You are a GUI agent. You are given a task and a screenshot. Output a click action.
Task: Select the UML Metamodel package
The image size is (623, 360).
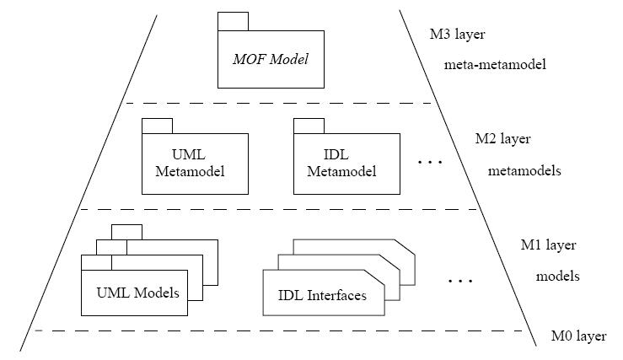tap(194, 164)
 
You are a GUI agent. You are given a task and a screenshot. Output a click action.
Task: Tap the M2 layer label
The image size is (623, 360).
tap(503, 139)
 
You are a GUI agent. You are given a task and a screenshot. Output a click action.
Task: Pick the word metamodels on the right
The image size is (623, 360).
tap(524, 170)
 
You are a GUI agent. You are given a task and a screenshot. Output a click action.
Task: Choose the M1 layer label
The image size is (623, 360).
tap(548, 245)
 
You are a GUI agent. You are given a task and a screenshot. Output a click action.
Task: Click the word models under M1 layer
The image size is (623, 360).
tap(556, 276)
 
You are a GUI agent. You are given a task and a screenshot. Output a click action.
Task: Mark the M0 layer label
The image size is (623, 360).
tap(578, 336)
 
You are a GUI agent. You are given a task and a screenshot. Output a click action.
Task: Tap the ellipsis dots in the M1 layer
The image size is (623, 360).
tap(459, 279)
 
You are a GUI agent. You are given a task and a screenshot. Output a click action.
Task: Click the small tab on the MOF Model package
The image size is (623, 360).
tap(233, 22)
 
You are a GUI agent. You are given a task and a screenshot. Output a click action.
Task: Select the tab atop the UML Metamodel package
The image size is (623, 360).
tap(157, 126)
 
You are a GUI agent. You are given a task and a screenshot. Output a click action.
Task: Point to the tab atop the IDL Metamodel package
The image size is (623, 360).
tap(309, 126)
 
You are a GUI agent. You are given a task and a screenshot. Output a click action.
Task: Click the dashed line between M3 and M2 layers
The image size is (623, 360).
tap(278, 104)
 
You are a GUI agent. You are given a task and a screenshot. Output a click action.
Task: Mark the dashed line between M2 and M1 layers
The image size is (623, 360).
tap(278, 209)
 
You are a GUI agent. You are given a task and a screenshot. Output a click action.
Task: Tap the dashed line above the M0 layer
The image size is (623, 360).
tap(278, 330)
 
